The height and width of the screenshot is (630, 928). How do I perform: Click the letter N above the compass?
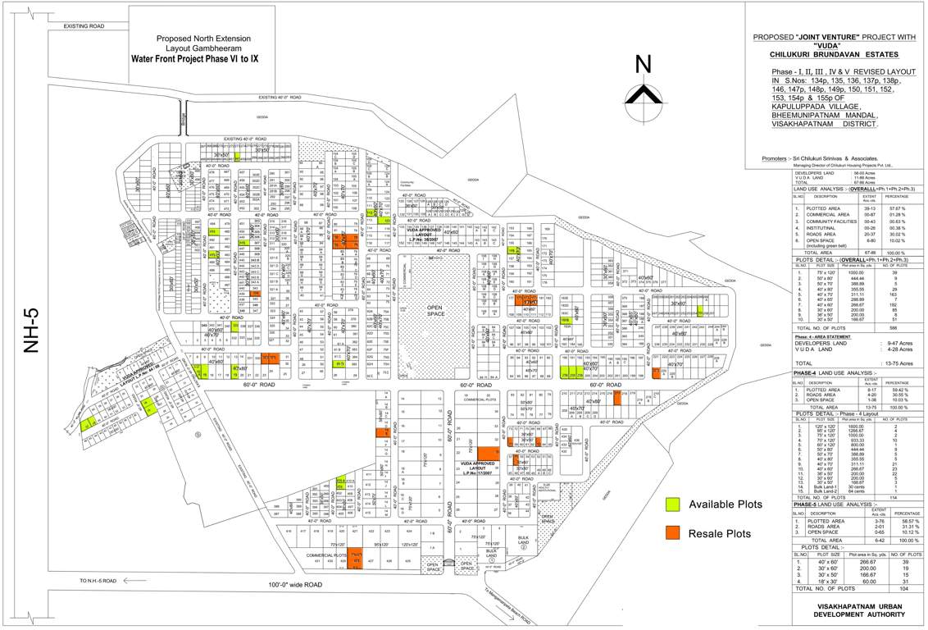[x=644, y=64]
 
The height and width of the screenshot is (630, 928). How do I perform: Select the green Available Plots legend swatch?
[x=672, y=504]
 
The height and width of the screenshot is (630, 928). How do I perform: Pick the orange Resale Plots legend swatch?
[x=672, y=533]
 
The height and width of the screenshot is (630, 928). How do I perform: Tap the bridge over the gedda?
[x=183, y=115]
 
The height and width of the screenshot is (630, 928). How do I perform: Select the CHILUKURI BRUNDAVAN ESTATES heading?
[x=834, y=54]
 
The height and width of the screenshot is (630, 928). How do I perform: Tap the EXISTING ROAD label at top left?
[x=84, y=26]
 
